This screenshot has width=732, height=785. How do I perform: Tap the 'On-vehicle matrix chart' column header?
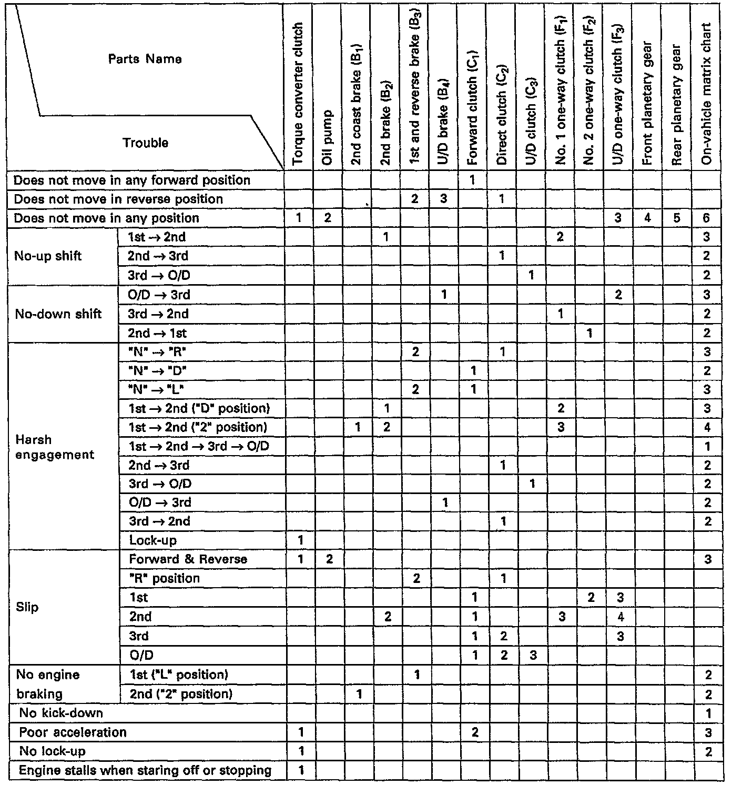click(707, 95)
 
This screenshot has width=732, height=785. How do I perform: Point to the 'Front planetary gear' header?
click(647, 103)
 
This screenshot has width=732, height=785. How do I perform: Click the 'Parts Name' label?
click(145, 59)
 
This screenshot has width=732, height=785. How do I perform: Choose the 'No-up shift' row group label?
click(48, 256)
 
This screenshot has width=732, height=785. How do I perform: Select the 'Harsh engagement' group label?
click(55, 447)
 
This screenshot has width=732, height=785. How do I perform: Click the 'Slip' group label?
click(27, 607)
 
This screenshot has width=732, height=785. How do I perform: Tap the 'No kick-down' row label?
click(61, 713)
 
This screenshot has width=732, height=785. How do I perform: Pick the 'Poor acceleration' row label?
click(73, 732)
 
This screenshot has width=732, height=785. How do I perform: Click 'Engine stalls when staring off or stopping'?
click(145, 770)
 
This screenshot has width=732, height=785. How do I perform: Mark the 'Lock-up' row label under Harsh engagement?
click(152, 540)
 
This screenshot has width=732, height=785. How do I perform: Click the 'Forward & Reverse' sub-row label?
click(188, 559)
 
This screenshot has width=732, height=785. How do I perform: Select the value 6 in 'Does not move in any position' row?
click(706, 218)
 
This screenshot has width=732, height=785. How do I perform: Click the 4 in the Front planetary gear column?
click(647, 218)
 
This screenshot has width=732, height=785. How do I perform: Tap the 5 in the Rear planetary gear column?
click(677, 218)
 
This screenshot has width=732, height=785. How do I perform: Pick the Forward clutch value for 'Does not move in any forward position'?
click(472, 180)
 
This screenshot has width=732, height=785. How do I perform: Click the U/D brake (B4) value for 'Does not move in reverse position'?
click(443, 199)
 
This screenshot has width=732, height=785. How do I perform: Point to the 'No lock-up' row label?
click(52, 751)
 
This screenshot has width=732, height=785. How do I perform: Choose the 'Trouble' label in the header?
click(145, 143)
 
